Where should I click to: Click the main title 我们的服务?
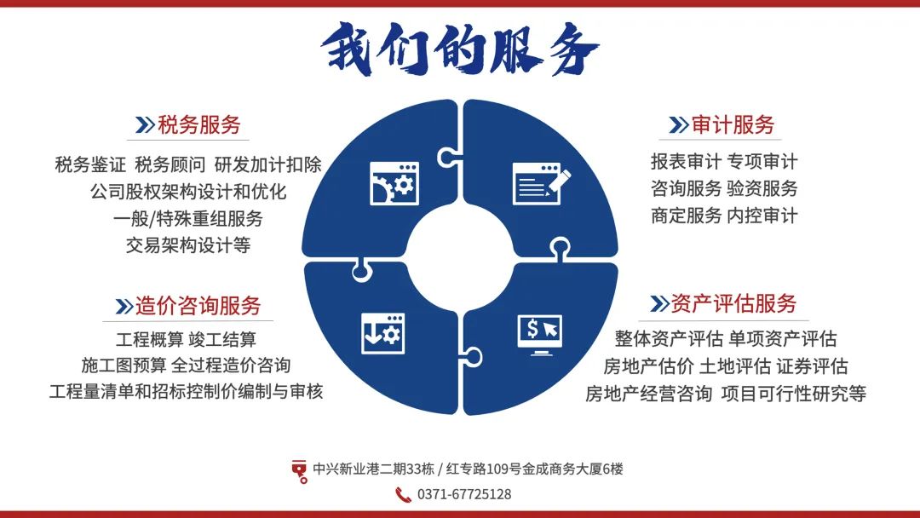pyautogui.click(x=460, y=49)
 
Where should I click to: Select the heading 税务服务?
pyautogui.click(x=198, y=125)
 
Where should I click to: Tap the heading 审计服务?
pyautogui.click(x=733, y=125)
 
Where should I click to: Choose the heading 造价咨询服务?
pyautogui.click(x=198, y=306)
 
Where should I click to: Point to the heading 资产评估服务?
pyautogui.click(x=733, y=303)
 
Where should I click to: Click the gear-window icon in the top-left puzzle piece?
pyautogui.click(x=394, y=184)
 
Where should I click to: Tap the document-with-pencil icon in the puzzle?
pyautogui.click(x=541, y=184)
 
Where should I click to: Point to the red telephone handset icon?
pyautogui.click(x=403, y=494)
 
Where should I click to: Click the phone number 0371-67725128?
pyautogui.click(x=464, y=494)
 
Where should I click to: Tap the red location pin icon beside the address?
pyautogui.click(x=299, y=471)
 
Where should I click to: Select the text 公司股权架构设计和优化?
pyautogui.click(x=188, y=191)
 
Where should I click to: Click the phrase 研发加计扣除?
pyautogui.click(x=268, y=164)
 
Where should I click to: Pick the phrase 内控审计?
pyautogui.click(x=762, y=216)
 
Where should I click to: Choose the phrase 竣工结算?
pyautogui.click(x=222, y=339)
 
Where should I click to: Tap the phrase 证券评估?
pyautogui.click(x=813, y=366)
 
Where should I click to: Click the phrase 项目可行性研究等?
pyautogui.click(x=794, y=393)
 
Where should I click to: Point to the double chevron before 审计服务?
pyautogui.click(x=678, y=125)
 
